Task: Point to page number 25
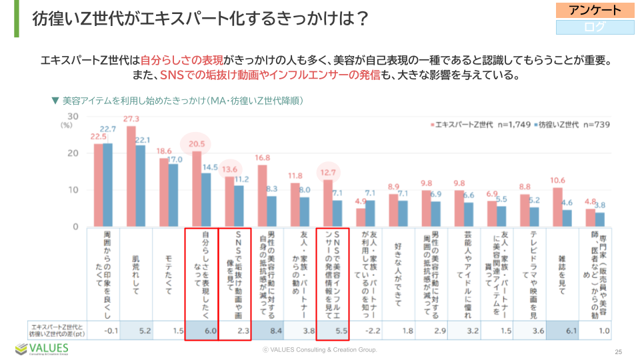point(618,351)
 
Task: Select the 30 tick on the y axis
point(74,117)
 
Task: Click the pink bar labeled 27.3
point(131,177)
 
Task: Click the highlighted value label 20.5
point(197,143)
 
